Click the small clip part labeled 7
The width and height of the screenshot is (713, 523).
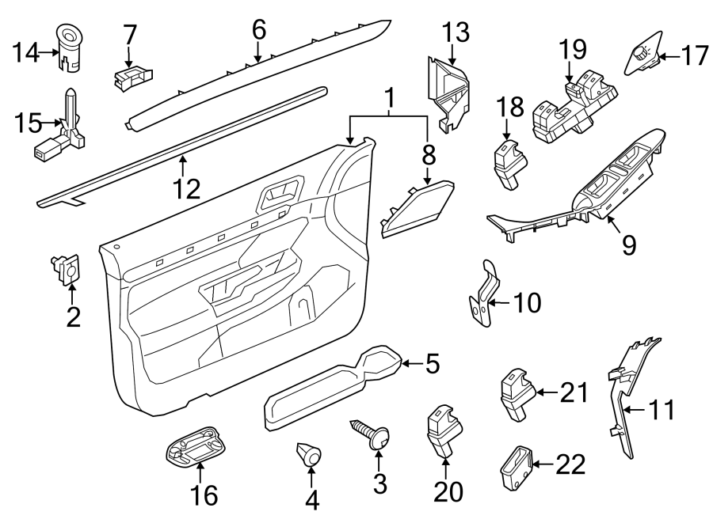[x=131, y=75]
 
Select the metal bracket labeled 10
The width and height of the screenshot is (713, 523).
[x=484, y=297]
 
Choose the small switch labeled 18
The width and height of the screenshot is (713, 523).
[x=506, y=164]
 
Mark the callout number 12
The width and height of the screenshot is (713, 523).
[x=187, y=188]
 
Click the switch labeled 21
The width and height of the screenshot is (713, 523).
[x=515, y=393]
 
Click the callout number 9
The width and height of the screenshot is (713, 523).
[x=628, y=245]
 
